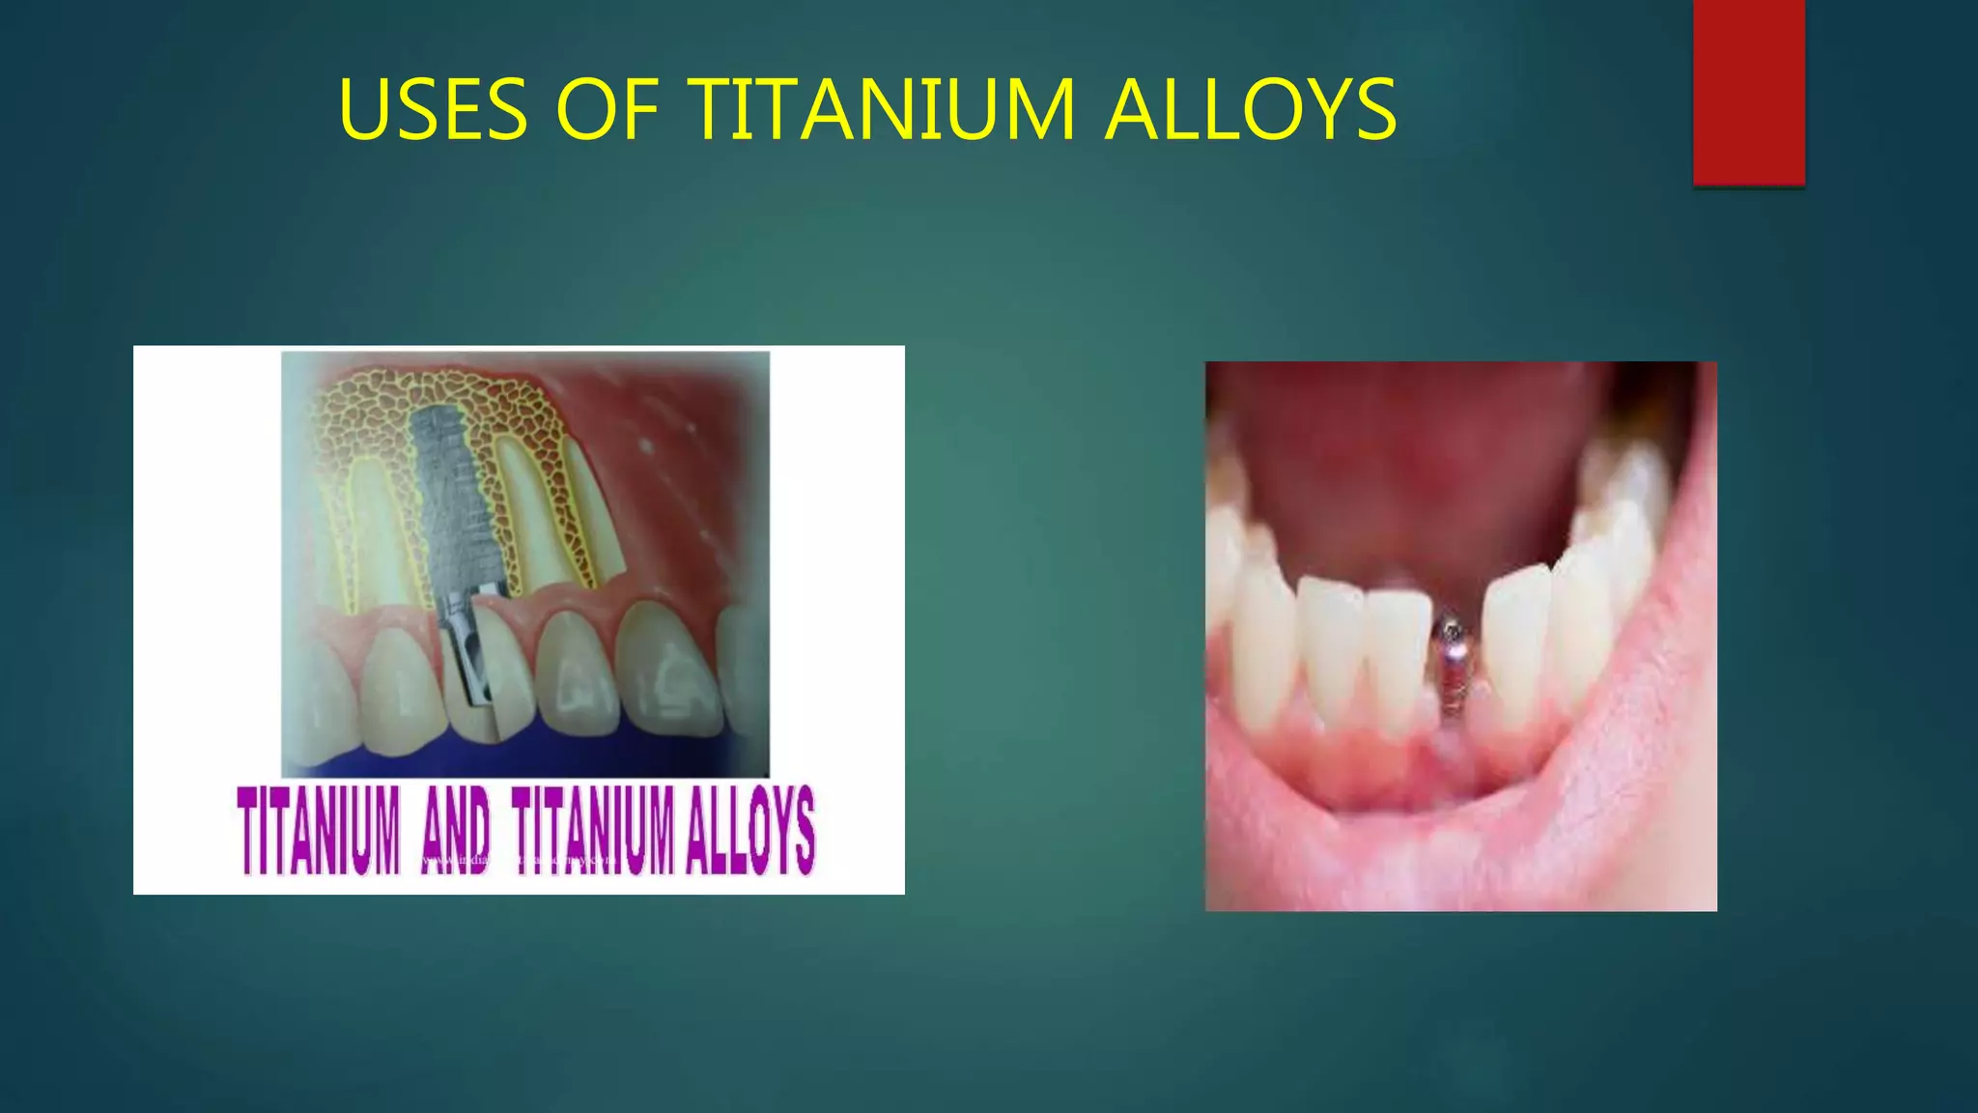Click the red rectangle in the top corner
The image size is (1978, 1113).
1748,92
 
